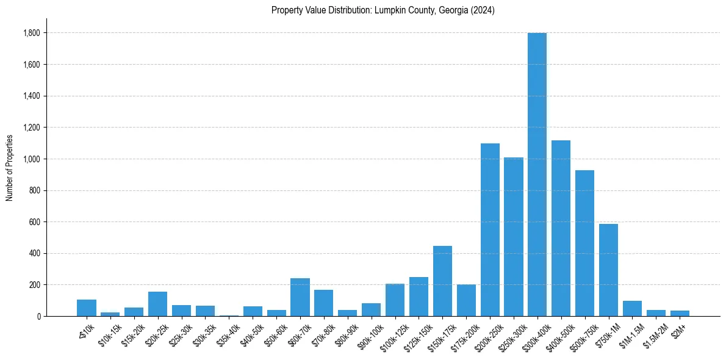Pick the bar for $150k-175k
(442, 281)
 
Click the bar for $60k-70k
(300, 297)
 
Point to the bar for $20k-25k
(157, 304)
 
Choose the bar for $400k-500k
(561, 228)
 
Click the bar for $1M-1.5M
(632, 309)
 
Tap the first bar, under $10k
(87, 308)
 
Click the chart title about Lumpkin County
(383, 10)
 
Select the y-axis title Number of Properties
(10, 168)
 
